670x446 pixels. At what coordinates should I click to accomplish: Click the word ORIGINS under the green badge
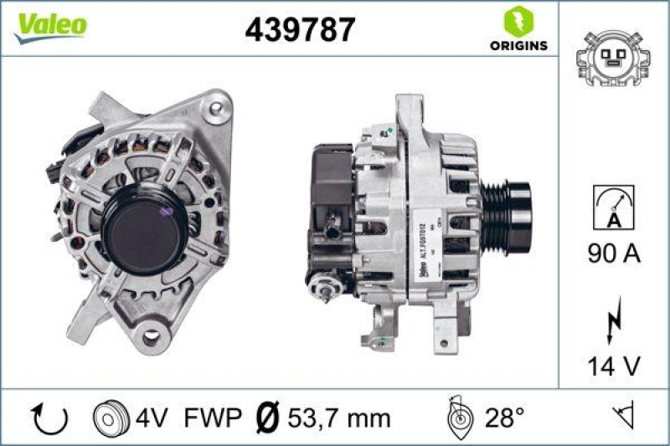pyautogui.click(x=520, y=45)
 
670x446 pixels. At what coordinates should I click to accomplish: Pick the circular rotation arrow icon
pyautogui.click(x=42, y=416)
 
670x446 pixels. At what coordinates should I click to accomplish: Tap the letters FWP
pyautogui.click(x=213, y=416)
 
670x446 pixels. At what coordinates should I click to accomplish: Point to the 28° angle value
pyautogui.click(x=506, y=416)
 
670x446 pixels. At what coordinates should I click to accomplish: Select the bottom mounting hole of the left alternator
pyautogui.click(x=152, y=337)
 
